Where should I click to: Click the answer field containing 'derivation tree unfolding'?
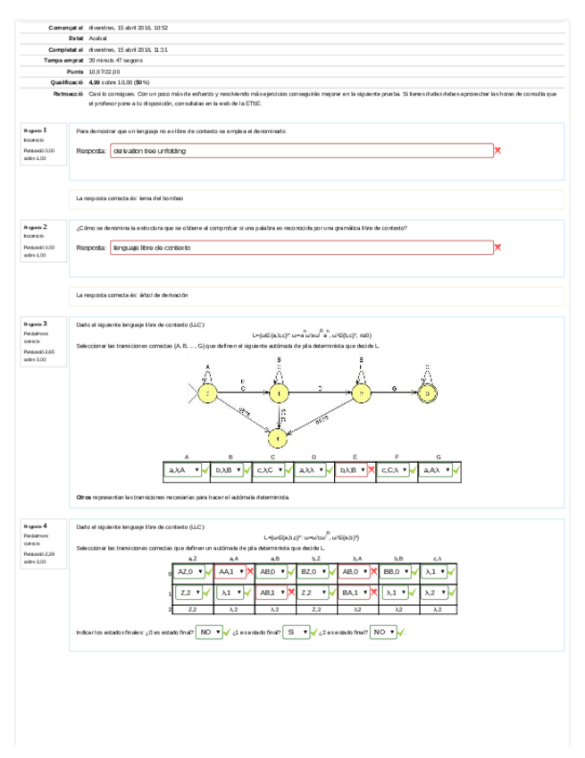point(301,151)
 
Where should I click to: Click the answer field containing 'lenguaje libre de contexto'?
point(301,248)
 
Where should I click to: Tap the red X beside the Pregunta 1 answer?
point(497,151)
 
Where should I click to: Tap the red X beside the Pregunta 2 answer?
point(497,248)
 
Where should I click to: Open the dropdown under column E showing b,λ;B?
point(351,469)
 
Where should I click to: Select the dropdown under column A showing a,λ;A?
point(182,469)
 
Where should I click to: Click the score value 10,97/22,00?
point(106,71)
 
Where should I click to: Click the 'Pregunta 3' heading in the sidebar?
point(36,324)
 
